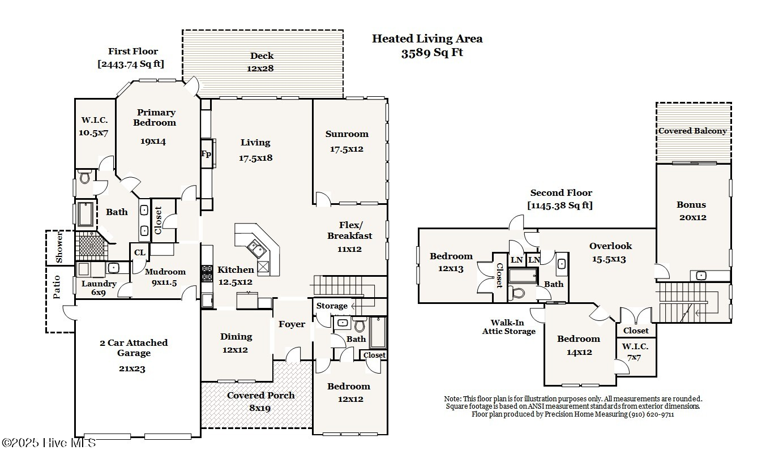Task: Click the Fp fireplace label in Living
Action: (x=206, y=154)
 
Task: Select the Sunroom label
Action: (x=346, y=134)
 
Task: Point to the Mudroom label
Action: (x=165, y=272)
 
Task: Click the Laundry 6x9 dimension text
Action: (x=98, y=293)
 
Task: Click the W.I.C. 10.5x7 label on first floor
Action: (x=93, y=121)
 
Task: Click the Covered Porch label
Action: (x=260, y=395)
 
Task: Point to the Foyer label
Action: (x=292, y=324)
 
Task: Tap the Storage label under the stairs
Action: (x=332, y=306)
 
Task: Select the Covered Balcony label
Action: (x=692, y=131)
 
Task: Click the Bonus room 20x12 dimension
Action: (x=692, y=217)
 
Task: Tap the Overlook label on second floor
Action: (x=610, y=246)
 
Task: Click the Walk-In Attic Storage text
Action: (x=508, y=327)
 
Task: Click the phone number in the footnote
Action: (x=651, y=414)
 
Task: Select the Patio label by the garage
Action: (x=57, y=288)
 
